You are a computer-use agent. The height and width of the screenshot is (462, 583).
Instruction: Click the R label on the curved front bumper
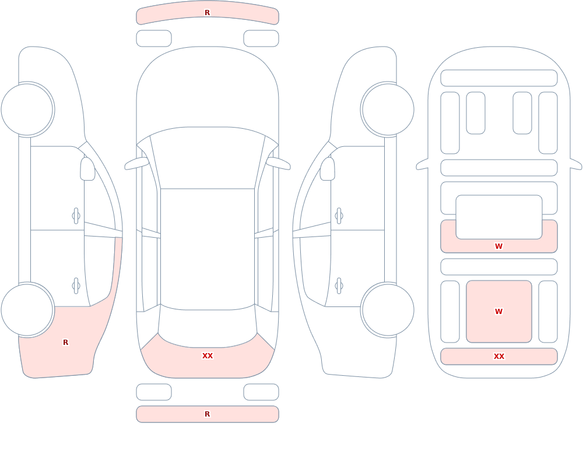point(208,13)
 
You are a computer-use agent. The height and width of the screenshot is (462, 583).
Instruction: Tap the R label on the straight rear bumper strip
point(208,414)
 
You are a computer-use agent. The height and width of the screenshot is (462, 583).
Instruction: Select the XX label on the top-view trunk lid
point(208,356)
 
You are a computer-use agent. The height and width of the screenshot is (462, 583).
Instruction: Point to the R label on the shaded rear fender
point(66,343)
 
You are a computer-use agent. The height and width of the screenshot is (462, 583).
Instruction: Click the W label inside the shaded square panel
point(498,312)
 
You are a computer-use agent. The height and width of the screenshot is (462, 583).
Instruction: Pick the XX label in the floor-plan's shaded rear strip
point(499,357)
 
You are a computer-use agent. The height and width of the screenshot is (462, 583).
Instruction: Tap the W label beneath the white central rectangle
point(498,246)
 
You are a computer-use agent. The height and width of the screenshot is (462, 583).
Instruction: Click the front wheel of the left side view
point(27,110)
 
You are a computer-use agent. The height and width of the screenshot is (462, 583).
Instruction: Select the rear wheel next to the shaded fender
point(27,310)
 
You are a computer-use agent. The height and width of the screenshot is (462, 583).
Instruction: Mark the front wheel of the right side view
point(388,110)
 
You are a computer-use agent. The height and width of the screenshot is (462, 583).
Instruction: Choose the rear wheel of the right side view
point(388,310)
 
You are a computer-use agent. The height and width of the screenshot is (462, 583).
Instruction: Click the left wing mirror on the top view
point(136,163)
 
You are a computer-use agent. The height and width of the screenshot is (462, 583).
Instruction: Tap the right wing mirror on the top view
point(278,163)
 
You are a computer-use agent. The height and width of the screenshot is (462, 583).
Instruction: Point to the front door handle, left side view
point(76,216)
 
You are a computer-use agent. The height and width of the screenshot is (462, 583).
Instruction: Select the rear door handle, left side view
point(76,286)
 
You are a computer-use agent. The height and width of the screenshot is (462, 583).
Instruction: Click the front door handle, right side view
point(339,216)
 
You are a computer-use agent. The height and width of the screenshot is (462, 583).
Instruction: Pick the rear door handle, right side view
point(339,286)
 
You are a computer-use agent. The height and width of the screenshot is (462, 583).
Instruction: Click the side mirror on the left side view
point(87,169)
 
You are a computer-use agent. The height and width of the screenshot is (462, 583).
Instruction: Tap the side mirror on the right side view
point(328,169)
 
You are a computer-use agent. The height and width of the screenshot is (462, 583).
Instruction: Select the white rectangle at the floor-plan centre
point(499,217)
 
